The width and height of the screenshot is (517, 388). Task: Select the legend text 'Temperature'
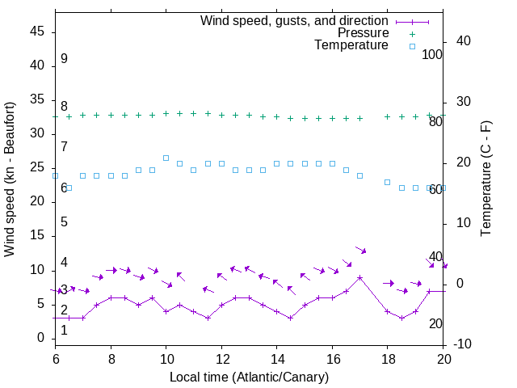(x=351, y=45)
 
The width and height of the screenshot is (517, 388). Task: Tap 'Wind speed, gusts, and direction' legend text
(x=294, y=20)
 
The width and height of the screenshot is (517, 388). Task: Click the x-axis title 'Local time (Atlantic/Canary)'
(x=249, y=377)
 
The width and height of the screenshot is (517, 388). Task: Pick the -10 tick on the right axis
(x=463, y=344)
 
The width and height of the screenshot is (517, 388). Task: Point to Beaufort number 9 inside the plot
(x=64, y=59)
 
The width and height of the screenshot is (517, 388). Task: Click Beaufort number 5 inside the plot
(x=64, y=221)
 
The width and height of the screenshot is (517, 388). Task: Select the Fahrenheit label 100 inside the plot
(x=433, y=55)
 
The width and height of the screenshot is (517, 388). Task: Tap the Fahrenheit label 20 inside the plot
(x=435, y=323)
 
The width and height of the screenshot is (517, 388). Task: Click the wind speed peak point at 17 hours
(x=359, y=277)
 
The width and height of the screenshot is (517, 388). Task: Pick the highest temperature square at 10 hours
(x=166, y=158)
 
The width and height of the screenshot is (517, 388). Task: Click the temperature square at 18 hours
(x=387, y=182)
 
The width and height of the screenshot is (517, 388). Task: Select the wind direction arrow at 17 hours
(x=360, y=250)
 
